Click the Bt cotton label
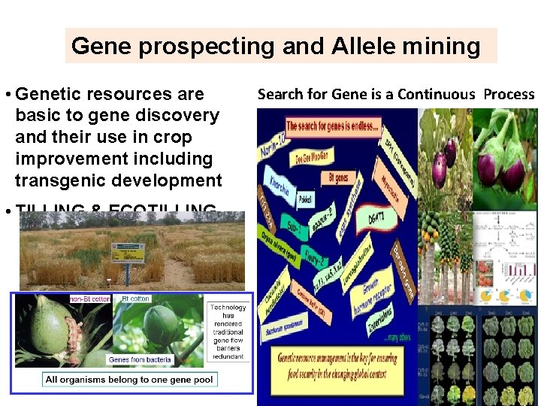[135, 298]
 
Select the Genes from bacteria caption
[140, 359]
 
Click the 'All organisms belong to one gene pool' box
[129, 380]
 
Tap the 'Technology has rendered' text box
[227, 331]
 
